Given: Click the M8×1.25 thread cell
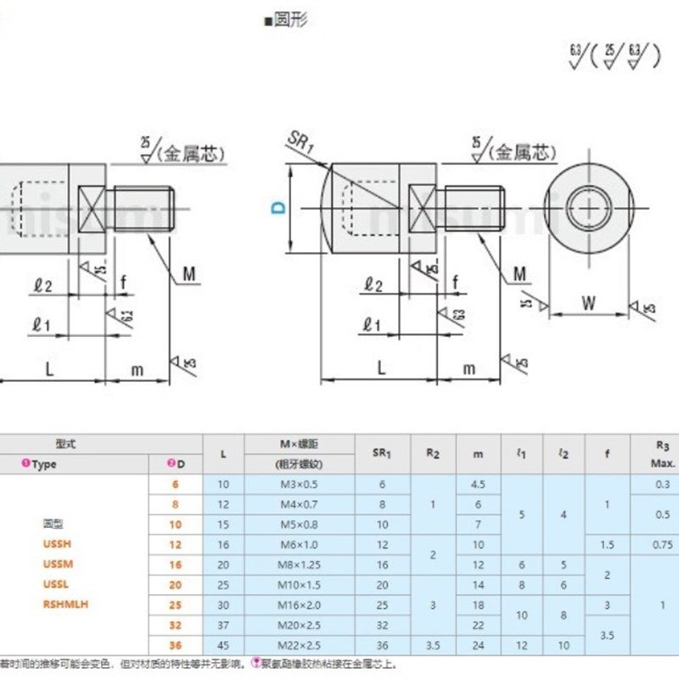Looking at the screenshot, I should click(x=298, y=565).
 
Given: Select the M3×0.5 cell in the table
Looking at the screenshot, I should click(x=298, y=484).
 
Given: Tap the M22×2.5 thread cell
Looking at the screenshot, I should click(x=298, y=645).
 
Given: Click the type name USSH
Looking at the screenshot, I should click(x=54, y=544).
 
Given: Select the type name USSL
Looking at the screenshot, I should click(x=53, y=584).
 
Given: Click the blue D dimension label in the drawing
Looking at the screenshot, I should click(x=278, y=207).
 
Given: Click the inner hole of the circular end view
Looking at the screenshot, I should click(x=588, y=207).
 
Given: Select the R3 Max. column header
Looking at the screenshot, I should click(x=665, y=454).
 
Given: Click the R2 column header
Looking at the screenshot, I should click(x=433, y=454).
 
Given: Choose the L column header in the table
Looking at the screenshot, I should click(x=222, y=454).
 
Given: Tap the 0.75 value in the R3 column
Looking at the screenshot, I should click(x=665, y=544).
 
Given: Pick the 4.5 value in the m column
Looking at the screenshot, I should click(x=478, y=484).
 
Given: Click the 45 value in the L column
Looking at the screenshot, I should click(x=222, y=645).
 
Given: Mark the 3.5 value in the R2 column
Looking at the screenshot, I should click(x=433, y=645).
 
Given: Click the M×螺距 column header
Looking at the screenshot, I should click(x=298, y=444).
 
